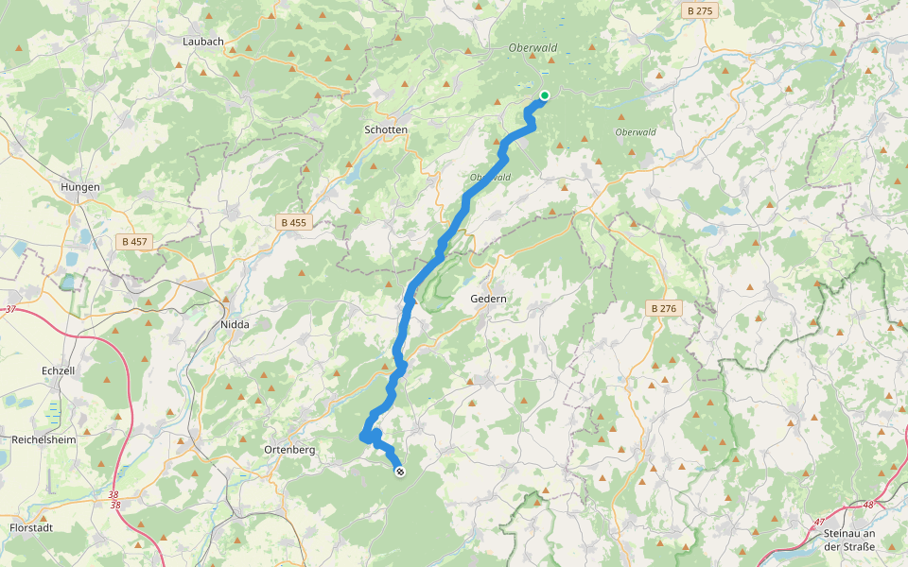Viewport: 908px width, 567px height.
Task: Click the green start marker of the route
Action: coord(545,94)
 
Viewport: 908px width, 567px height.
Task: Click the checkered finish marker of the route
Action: coord(400,471)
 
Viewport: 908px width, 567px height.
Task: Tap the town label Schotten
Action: coord(386,129)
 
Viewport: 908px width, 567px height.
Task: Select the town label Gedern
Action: coord(489,299)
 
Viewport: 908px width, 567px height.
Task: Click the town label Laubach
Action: coord(203,42)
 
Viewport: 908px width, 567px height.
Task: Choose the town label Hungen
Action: coord(80,187)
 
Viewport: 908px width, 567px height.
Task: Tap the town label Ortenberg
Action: coord(288,449)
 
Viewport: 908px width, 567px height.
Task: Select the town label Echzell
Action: coord(59,371)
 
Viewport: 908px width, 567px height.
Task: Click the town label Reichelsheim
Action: coord(44,440)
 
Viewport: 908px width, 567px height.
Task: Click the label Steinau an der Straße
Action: coord(849,540)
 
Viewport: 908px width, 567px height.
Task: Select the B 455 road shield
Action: coord(293,222)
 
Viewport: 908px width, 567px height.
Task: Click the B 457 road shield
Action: coord(136,242)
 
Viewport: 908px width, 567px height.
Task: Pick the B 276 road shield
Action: coord(666,308)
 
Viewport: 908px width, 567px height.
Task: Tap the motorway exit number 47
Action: coord(818,521)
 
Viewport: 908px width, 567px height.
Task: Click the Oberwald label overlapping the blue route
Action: coord(490,177)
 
